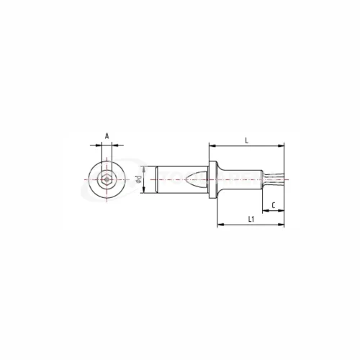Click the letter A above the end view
coord(107,135)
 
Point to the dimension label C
coord(273,205)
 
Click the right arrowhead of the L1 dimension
coord(284,225)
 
